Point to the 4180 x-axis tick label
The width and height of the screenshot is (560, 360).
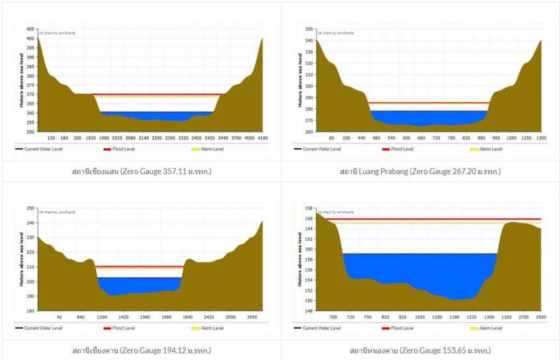[x=262, y=138]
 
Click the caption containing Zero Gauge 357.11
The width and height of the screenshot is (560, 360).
[x=141, y=172]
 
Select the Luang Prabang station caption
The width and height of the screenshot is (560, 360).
[x=420, y=172]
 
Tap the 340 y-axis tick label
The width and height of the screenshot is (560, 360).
[x=308, y=40]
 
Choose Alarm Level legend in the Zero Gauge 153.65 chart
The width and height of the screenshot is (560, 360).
[x=491, y=328]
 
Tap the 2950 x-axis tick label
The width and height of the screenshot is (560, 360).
[x=253, y=317]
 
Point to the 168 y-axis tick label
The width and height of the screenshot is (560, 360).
[x=308, y=208]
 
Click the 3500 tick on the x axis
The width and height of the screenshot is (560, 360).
[x=541, y=317]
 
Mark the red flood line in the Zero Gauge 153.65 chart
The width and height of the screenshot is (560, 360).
[x=427, y=219]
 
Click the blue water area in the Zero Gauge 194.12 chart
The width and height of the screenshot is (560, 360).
[x=139, y=284]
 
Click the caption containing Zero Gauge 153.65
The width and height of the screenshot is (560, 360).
[x=420, y=351]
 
